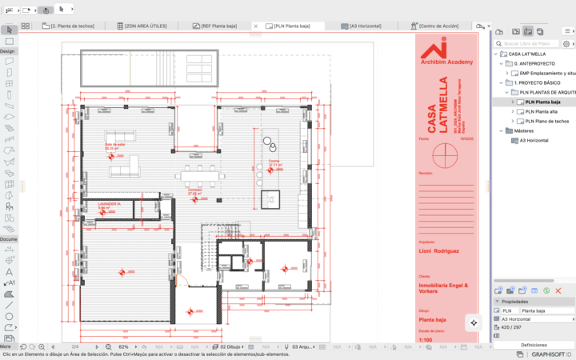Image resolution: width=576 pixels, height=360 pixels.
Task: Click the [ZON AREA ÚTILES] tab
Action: [x=145, y=26]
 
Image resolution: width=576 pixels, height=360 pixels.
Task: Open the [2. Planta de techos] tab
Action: [x=73, y=26]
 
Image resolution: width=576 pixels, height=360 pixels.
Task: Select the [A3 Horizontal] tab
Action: [x=367, y=26]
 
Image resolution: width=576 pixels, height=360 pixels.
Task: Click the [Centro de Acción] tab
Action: [x=439, y=26]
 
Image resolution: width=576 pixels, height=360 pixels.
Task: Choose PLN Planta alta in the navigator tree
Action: [x=542, y=112]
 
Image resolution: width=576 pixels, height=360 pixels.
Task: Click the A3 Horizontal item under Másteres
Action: [x=534, y=140]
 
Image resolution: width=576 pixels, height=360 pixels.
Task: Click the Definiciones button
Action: [x=534, y=344]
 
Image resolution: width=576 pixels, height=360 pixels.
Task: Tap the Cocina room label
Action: [x=274, y=162]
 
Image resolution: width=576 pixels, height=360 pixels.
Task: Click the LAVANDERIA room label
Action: [x=110, y=205]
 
